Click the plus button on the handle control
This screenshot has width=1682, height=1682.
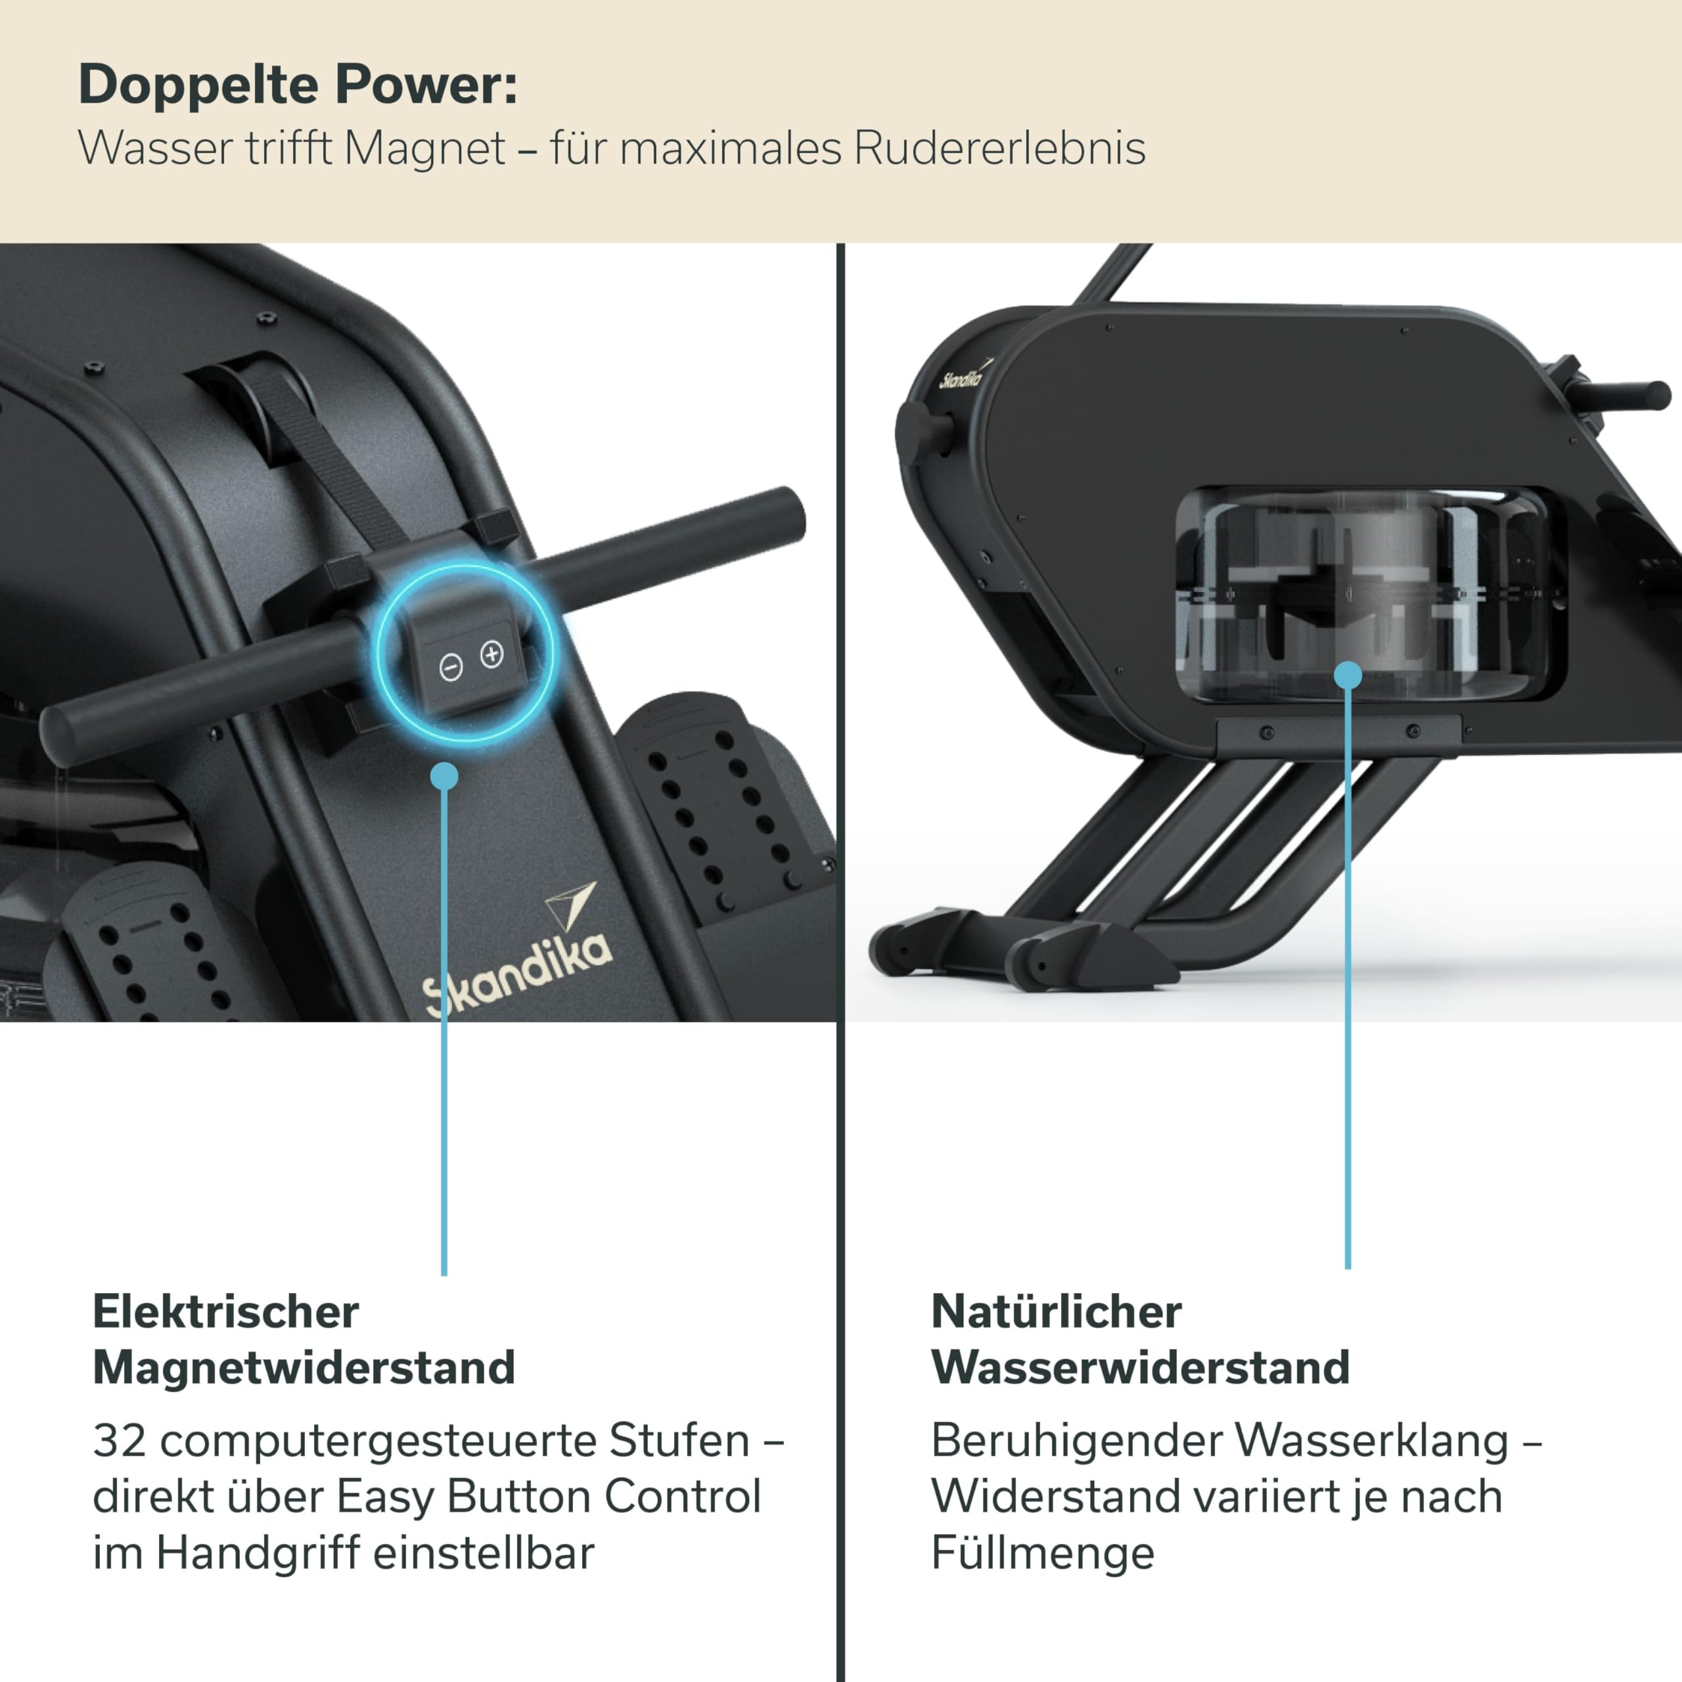pos(492,653)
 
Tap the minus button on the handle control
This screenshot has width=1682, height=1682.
pos(451,668)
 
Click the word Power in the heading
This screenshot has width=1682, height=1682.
pos(426,85)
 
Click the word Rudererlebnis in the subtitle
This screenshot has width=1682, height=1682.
pos(999,148)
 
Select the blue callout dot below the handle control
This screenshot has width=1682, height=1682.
pos(444,776)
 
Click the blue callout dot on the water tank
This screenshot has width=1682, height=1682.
pos(1348,675)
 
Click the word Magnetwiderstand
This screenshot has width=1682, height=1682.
pos(304,1368)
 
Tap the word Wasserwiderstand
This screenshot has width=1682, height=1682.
pos(1141,1368)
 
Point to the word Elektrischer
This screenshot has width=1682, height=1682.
pos(225,1312)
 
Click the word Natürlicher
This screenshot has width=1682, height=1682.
pos(1056,1312)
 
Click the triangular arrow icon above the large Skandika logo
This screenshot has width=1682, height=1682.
pos(570,905)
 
